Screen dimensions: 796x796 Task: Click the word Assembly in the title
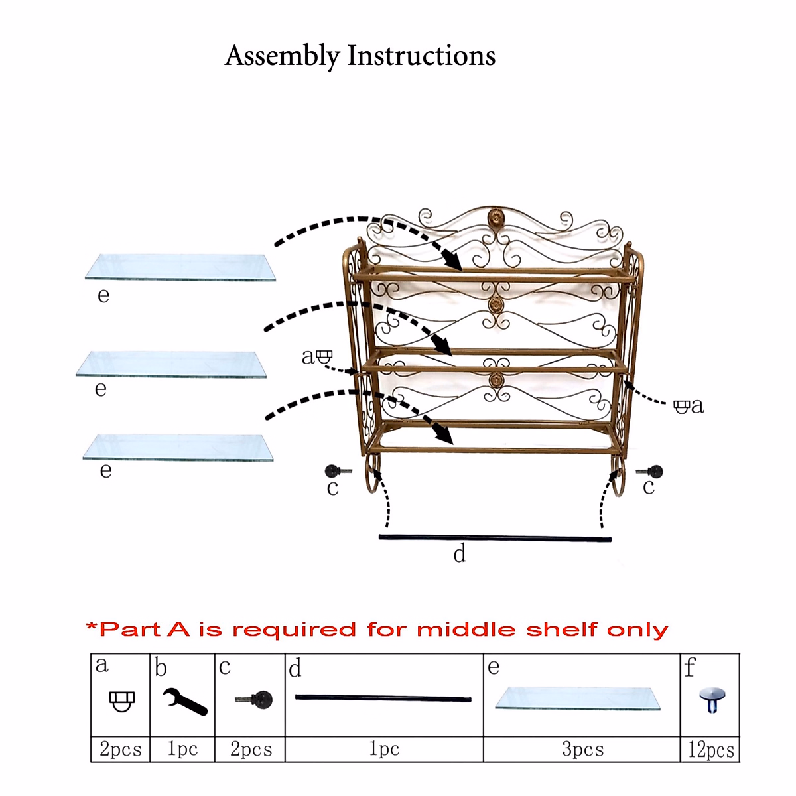pos(282,56)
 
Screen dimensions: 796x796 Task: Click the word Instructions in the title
pos(421,56)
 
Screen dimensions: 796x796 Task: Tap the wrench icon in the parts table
pos(184,700)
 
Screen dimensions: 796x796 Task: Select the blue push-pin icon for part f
pos(712,699)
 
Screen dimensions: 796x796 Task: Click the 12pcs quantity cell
pos(710,750)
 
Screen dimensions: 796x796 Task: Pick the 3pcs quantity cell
pos(582,750)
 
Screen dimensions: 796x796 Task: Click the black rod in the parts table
pos(383,698)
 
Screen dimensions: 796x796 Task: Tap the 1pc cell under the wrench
pos(182,750)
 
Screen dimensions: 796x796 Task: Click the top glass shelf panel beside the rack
pos(180,267)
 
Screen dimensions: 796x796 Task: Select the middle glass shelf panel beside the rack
pos(171,364)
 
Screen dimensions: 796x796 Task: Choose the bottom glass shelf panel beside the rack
pos(178,447)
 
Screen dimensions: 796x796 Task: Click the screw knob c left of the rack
pos(334,472)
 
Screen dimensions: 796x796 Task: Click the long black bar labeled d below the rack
pos(495,538)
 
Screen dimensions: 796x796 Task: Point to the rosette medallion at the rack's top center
pos(496,218)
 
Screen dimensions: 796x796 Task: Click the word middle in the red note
pos(466,629)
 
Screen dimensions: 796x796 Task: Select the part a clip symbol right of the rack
pos(681,406)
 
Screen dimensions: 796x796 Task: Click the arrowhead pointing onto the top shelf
pos(454,262)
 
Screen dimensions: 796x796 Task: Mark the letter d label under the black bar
pos(459,553)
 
